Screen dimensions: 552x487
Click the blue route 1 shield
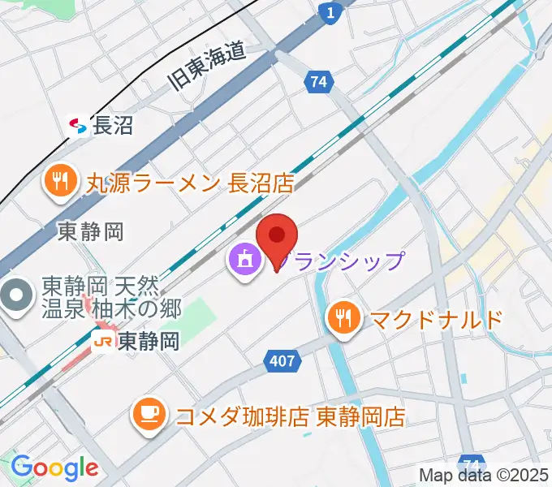330,14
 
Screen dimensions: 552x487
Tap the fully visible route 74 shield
319,81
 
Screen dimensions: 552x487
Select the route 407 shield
281,361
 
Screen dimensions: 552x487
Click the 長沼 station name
113,126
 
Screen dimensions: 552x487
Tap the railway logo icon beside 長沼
79,126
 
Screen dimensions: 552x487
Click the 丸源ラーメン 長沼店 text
190,183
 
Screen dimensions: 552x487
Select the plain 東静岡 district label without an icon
91,232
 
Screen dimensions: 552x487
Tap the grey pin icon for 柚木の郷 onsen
15,295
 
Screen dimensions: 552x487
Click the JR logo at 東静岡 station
103,342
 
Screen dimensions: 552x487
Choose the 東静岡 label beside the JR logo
148,342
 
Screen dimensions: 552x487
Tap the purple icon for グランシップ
244,261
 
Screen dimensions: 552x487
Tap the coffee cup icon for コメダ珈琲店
149,416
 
